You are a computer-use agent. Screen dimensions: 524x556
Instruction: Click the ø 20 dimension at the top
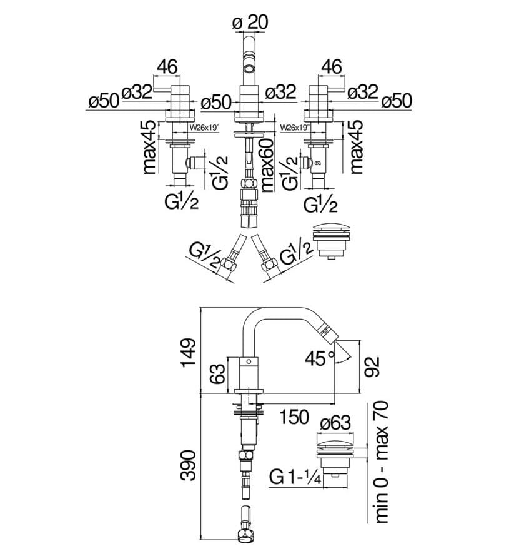tap(250, 23)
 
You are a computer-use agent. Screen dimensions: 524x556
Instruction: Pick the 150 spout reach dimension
tap(294, 417)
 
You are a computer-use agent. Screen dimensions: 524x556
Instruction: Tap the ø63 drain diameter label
tap(335, 423)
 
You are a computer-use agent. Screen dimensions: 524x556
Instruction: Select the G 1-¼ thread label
tap(295, 477)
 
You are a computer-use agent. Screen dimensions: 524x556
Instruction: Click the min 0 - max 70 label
tap(382, 462)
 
